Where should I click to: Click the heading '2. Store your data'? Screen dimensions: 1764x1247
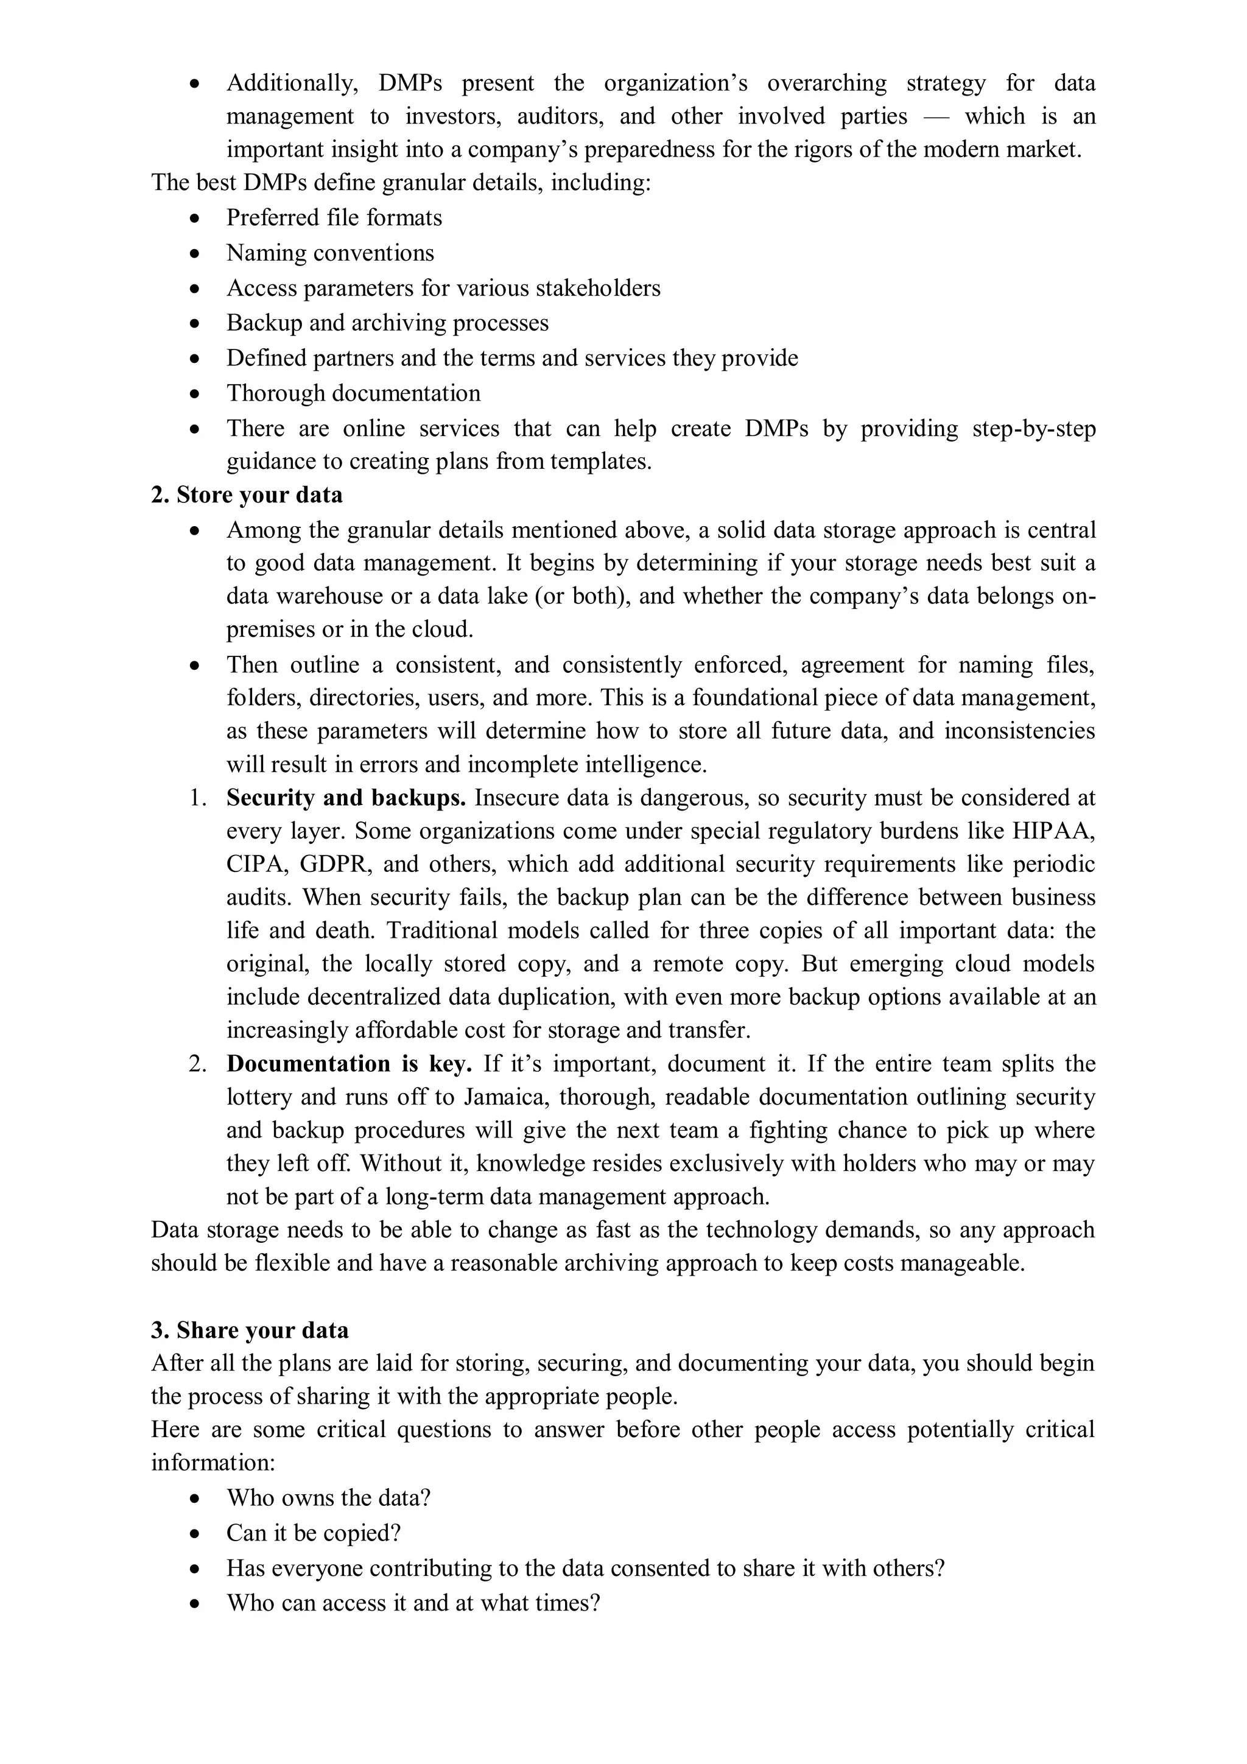[x=247, y=495]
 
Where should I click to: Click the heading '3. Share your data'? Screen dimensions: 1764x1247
[x=250, y=1330]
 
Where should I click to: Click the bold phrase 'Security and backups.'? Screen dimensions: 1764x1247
[x=346, y=798]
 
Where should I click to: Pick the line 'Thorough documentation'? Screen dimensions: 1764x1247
[x=353, y=393]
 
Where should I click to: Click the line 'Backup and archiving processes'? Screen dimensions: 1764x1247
[x=387, y=323]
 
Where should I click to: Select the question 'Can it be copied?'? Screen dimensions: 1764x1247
[x=314, y=1533]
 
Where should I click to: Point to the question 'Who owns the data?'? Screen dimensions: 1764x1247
[x=328, y=1497]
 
